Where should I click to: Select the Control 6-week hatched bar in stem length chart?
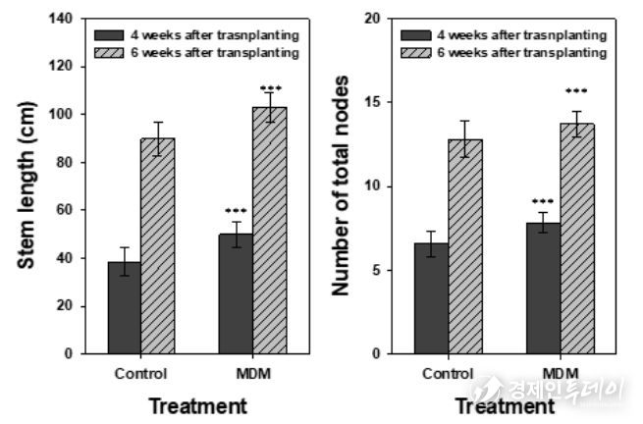click(158, 245)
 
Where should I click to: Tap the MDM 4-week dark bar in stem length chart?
click(237, 293)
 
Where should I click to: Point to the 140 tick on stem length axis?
click(61, 19)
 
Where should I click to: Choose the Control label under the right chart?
click(449, 373)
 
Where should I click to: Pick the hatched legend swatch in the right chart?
click(418, 51)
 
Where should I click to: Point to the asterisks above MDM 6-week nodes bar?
click(577, 92)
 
